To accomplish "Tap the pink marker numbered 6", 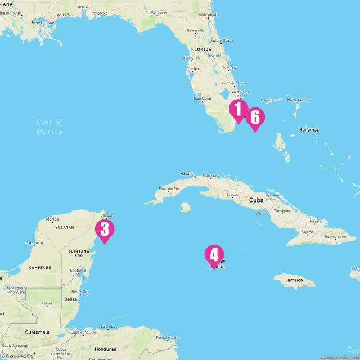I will pos(255,118).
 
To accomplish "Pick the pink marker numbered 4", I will pos(214,255).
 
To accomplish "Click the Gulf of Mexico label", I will pos(49,127).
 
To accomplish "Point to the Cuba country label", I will pos(256,200).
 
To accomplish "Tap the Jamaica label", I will pos(293,280).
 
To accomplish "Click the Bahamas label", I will pos(309,130).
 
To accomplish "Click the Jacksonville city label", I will pos(209,14).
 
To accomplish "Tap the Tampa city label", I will pos(193,69).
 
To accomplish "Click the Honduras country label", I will pos(105,349).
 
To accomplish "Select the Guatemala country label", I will pos(37,332).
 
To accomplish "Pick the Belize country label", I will pos(71,299).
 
